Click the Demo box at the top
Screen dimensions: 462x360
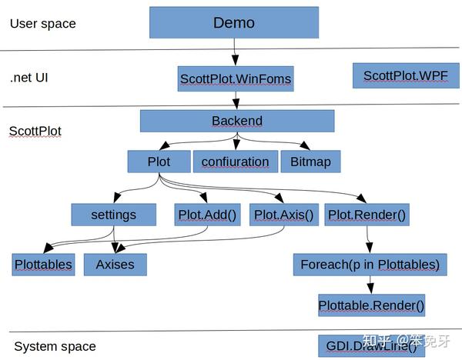(234, 22)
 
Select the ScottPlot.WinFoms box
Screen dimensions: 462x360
(236, 79)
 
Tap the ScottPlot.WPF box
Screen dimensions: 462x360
(406, 75)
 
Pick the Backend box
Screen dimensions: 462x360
(237, 121)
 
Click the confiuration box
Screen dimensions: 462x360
(236, 162)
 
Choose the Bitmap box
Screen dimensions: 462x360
(310, 162)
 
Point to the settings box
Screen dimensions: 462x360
(114, 215)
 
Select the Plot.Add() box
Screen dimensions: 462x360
(207, 215)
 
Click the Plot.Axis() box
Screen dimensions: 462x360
(284, 215)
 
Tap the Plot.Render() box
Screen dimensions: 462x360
(367, 215)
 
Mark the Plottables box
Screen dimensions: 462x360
(43, 265)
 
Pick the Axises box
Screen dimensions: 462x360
(115, 265)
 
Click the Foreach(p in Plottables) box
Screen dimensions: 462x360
(370, 265)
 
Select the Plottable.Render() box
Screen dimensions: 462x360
(372, 305)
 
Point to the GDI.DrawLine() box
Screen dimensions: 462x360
(372, 346)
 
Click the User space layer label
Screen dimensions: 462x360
(43, 24)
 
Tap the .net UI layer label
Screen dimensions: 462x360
(29, 78)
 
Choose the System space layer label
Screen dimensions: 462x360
(55, 346)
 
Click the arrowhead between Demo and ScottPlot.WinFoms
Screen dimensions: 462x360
(235, 59)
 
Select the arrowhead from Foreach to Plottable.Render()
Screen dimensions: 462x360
(370, 288)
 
